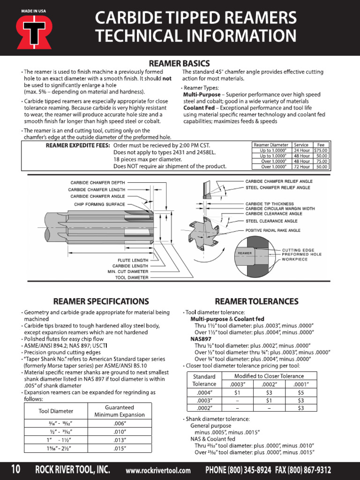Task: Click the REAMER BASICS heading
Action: (179, 63)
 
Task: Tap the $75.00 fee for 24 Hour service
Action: (321, 150)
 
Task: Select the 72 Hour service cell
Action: (301, 166)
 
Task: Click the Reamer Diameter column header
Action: (271, 145)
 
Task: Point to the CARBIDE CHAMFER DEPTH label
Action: (97, 182)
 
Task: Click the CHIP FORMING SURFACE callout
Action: (99, 204)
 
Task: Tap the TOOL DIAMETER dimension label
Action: (131, 277)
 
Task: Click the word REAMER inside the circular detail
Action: (245, 253)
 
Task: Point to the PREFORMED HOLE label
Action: (302, 255)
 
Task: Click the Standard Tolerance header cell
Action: (204, 380)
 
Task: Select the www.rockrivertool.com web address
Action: (158, 471)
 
